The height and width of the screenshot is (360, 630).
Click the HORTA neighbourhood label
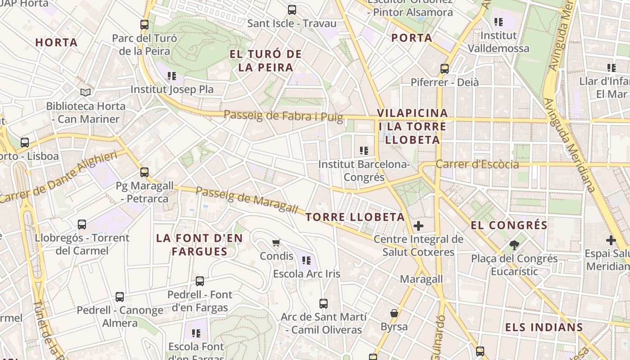tap(57, 43)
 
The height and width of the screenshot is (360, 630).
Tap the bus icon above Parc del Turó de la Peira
tap(144, 25)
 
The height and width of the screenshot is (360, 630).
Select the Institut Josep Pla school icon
tap(171, 76)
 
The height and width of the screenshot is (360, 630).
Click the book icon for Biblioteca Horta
tap(85, 92)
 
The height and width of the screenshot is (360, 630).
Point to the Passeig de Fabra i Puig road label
tap(283, 116)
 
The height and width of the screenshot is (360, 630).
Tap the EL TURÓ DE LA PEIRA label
tap(265, 61)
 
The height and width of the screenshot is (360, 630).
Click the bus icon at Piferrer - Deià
tap(445, 69)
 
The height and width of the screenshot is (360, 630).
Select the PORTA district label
tap(412, 38)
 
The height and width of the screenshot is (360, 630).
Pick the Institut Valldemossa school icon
tap(498, 22)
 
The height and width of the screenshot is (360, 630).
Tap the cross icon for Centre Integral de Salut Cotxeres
tap(419, 225)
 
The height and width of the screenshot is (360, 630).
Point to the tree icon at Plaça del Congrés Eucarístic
tap(514, 245)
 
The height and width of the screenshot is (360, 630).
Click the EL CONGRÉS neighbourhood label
tap(509, 225)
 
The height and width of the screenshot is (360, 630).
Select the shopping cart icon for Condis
tap(276, 243)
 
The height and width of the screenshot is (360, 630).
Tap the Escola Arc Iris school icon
tap(307, 260)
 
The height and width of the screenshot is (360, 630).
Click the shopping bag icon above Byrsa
tap(394, 313)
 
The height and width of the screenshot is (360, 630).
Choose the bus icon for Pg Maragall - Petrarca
tap(144, 172)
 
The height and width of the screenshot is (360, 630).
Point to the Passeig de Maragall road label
tap(247, 200)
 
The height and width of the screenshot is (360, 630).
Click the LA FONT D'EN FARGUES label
tap(199, 245)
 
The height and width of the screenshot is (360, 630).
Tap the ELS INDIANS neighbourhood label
tap(544, 327)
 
